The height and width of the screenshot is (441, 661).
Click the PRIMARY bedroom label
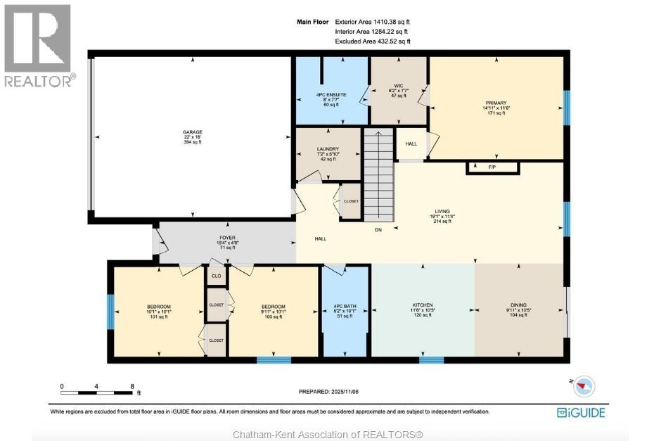(x=496, y=103)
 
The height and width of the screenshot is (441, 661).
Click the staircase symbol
(x=378, y=173)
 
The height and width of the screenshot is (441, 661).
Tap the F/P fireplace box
(x=493, y=168)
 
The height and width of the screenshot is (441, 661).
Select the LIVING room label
(x=442, y=211)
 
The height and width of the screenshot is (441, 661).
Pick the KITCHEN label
(x=423, y=305)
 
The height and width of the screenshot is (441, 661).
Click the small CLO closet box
(x=216, y=276)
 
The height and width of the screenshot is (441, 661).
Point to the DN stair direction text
(x=378, y=229)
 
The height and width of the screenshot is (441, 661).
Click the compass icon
(x=584, y=385)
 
